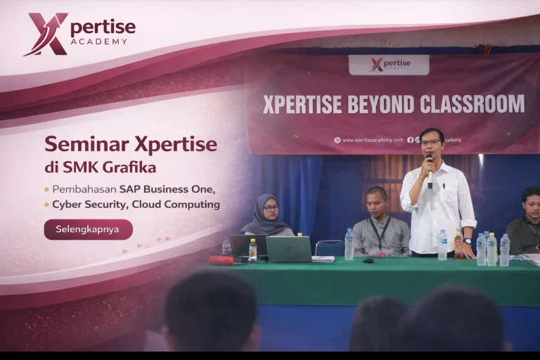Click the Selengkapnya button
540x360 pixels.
[x=88, y=229]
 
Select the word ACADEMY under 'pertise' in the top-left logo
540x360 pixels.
[x=99, y=41]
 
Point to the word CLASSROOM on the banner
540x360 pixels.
[x=472, y=105]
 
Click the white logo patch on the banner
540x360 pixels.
[x=389, y=65]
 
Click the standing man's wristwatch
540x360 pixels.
[x=467, y=241]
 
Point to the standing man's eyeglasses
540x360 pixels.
[x=430, y=142]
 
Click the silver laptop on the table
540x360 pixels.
[x=288, y=248]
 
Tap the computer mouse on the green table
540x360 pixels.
[x=368, y=260]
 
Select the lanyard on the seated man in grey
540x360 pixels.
[x=380, y=232]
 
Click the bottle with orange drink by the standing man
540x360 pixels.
[x=458, y=246]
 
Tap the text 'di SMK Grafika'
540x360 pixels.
[x=100, y=168]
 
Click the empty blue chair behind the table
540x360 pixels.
[x=329, y=247]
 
